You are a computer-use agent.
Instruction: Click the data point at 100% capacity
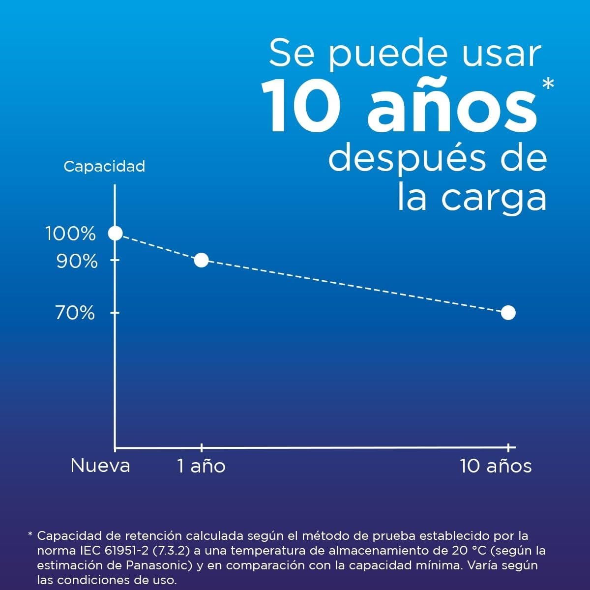pyautogui.click(x=116, y=234)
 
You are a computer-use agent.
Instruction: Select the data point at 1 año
pyautogui.click(x=202, y=260)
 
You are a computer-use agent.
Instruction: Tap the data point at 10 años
pyautogui.click(x=508, y=313)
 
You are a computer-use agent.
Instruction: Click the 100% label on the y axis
pyautogui.click(x=71, y=234)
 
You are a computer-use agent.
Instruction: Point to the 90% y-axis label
pyautogui.click(x=77, y=262)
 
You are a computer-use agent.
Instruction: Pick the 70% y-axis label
pyautogui.click(x=75, y=313)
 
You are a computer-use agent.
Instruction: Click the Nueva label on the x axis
pyautogui.click(x=100, y=466)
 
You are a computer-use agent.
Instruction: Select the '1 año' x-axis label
pyautogui.click(x=202, y=466)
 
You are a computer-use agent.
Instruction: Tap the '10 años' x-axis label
pyautogui.click(x=496, y=466)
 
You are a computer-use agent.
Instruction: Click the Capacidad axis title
pyautogui.click(x=104, y=167)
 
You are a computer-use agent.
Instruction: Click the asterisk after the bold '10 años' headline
pyautogui.click(x=548, y=84)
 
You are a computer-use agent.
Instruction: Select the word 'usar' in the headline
pyautogui.click(x=501, y=55)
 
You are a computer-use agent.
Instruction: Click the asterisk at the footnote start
pyautogui.click(x=30, y=534)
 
